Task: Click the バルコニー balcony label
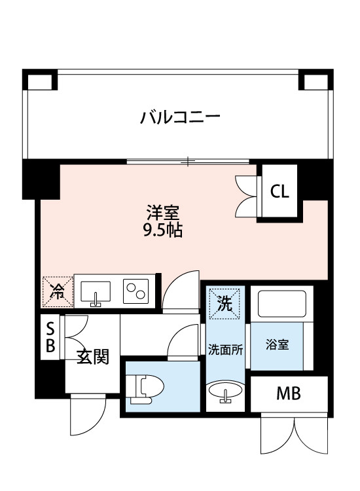[x=179, y=118]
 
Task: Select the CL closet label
[x=279, y=192]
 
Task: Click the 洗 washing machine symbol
[x=225, y=303]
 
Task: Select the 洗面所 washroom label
[x=226, y=348]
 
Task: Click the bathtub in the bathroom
[x=281, y=303]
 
